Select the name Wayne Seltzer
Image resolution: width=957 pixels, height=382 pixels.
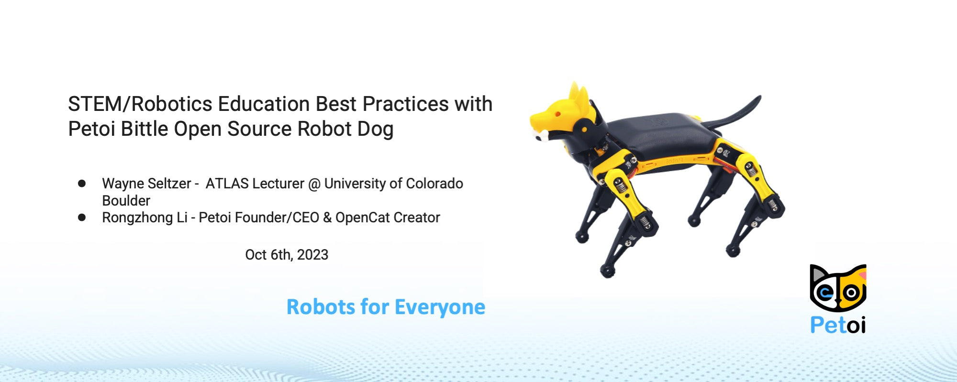click(x=146, y=184)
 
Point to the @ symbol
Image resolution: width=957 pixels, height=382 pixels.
click(x=314, y=184)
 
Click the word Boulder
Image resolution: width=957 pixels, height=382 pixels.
click(x=126, y=201)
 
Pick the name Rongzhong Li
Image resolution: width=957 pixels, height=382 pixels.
click(x=145, y=218)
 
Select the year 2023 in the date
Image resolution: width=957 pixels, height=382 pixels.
click(x=312, y=255)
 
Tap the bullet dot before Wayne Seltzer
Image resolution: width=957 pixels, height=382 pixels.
click(x=82, y=184)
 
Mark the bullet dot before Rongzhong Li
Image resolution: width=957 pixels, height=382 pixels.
click(x=82, y=218)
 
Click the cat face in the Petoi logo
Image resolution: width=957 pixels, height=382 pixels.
click(x=838, y=288)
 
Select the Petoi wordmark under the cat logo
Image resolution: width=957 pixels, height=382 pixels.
click(x=838, y=325)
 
